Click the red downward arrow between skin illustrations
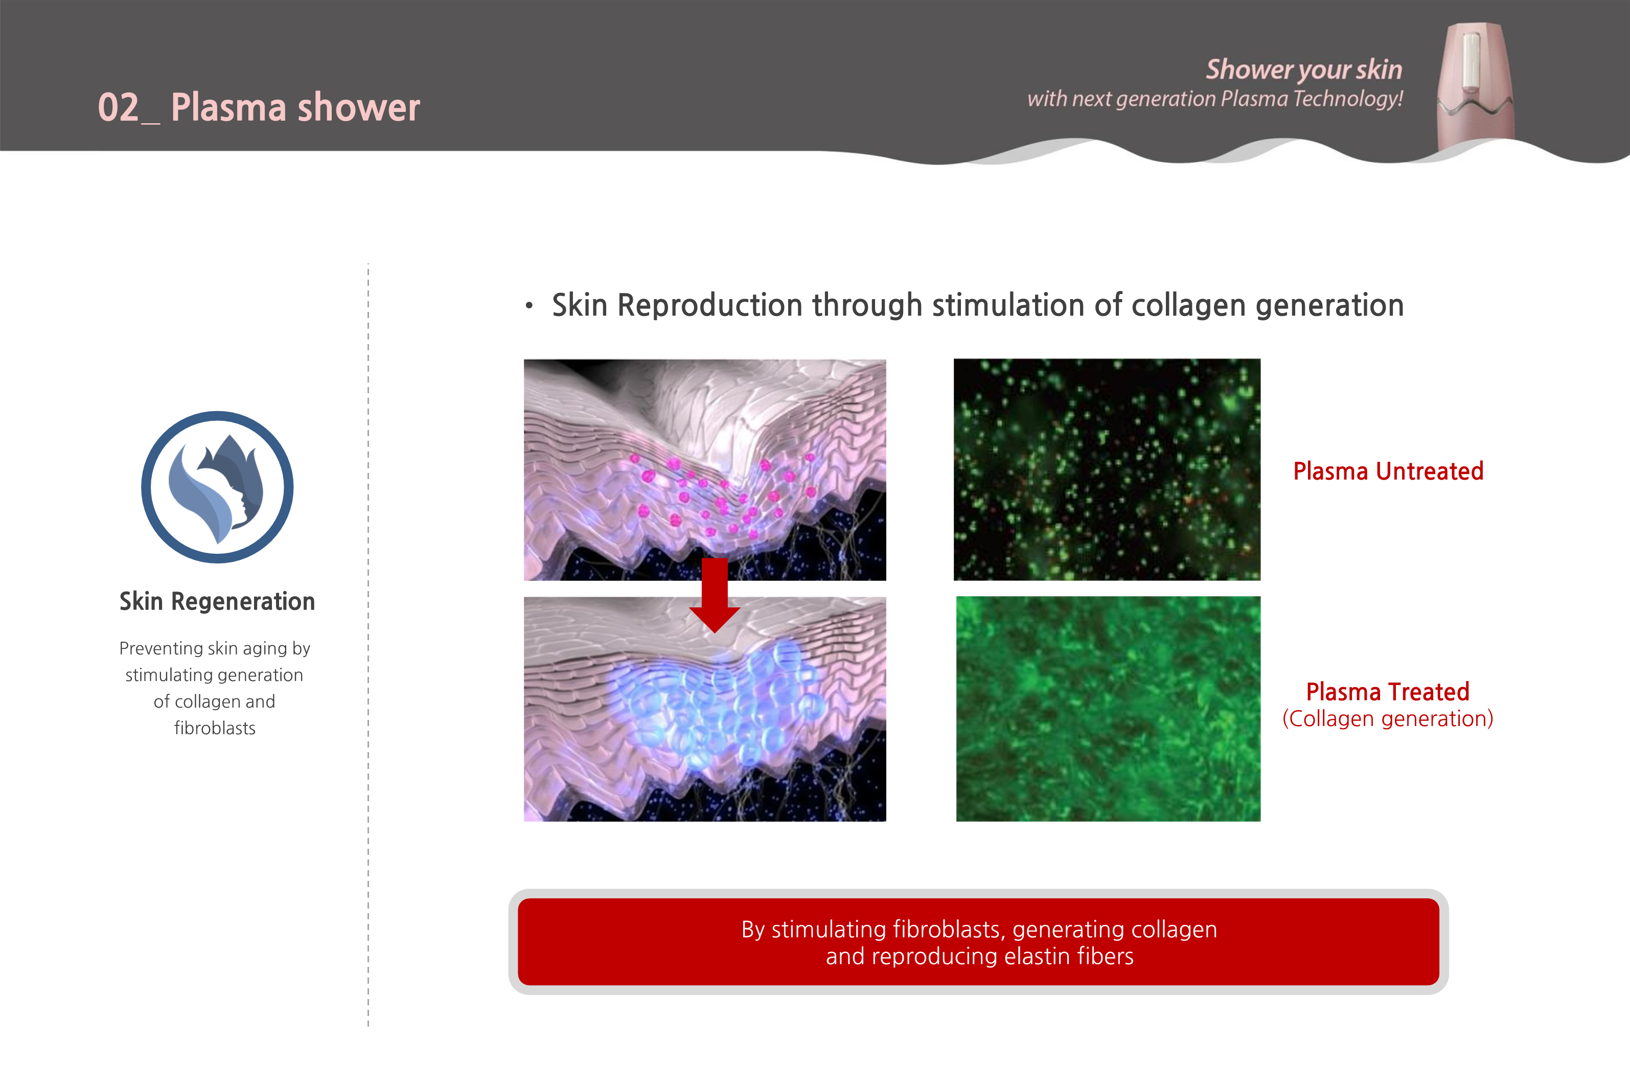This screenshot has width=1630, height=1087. (x=715, y=594)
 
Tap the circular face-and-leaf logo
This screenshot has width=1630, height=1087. (x=218, y=487)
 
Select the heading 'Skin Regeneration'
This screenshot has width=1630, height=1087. (x=217, y=601)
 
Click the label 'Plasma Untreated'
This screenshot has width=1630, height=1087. (x=1388, y=471)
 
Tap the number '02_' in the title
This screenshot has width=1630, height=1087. (x=129, y=108)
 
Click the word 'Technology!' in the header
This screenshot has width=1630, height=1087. (x=1348, y=99)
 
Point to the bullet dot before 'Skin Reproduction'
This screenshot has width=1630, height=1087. (x=529, y=305)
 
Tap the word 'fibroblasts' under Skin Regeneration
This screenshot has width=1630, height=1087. (x=215, y=728)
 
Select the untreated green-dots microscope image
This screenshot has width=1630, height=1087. (x=1107, y=469)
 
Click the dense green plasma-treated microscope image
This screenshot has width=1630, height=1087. (x=1108, y=709)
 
